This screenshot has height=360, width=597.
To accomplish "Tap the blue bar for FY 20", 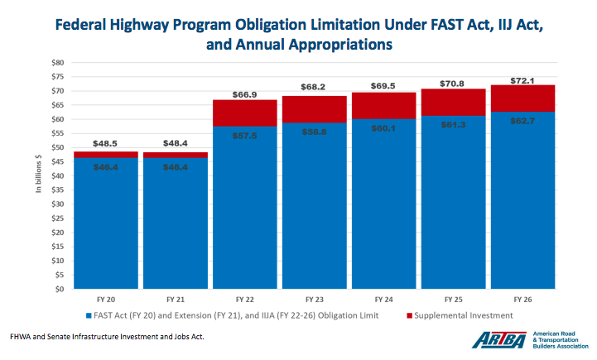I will click(x=106, y=223).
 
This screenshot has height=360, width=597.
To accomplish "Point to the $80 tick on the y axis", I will click(x=57, y=62).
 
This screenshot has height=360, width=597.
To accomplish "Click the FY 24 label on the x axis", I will click(x=382, y=298).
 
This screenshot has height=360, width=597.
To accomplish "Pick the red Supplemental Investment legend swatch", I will click(x=410, y=315).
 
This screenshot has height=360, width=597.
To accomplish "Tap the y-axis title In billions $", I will click(x=37, y=175).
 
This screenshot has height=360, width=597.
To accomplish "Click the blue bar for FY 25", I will click(x=451, y=207).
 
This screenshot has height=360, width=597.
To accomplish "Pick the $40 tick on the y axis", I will click(x=57, y=175).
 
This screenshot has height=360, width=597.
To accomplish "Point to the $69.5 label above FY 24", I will click(x=382, y=84).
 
